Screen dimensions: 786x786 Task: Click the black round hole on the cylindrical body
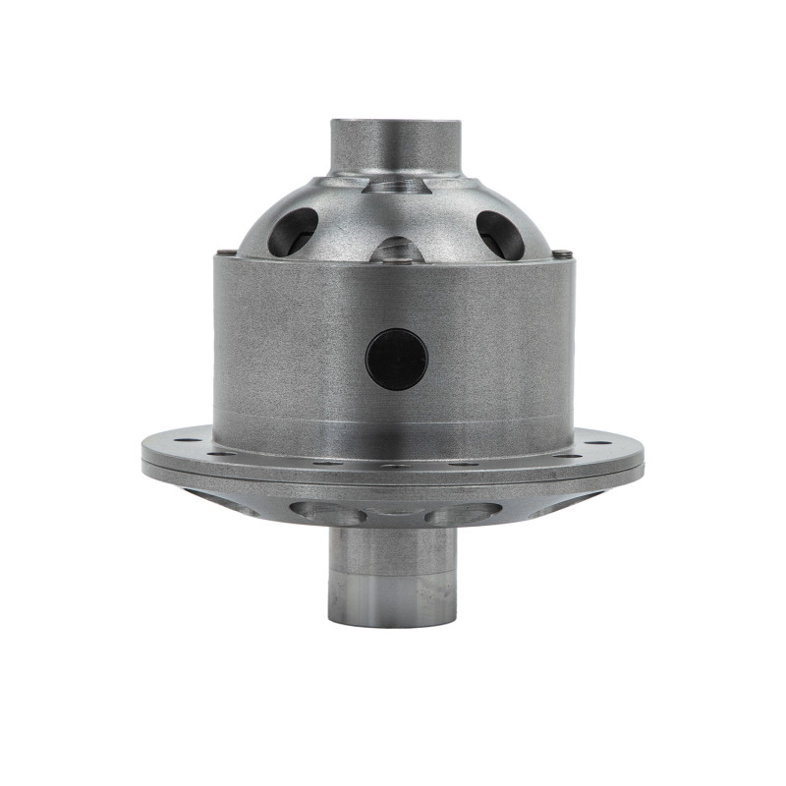pos(397,359)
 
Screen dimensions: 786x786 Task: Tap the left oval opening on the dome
pos(293,232)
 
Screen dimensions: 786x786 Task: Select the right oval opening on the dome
pos(500,235)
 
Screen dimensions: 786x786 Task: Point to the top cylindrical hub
pos(395,145)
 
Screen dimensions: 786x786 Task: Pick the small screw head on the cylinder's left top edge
pos(228,254)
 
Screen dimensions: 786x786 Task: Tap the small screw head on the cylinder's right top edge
pos(562,254)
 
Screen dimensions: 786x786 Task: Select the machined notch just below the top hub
pos(396,184)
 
